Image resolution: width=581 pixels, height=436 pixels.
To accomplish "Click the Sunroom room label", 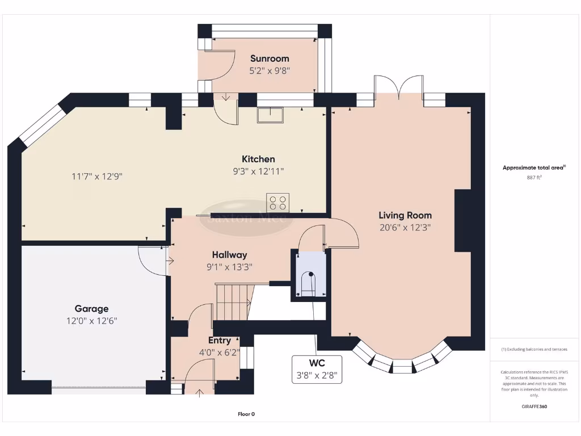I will pos(270,58).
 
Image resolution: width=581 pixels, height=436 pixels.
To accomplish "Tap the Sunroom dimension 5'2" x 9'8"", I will pos(270,71).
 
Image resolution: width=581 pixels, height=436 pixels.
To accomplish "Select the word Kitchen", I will pos(258,159).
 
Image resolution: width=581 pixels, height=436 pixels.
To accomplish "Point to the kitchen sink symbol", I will pos(270,115).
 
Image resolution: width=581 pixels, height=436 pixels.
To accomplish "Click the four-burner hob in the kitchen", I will pos(278,203).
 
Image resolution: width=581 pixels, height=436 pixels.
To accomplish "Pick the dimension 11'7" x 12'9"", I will pos(97,176).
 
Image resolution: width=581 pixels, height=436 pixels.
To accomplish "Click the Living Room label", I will pos(405,215).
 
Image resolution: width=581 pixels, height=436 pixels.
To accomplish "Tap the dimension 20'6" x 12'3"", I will pos(405,228).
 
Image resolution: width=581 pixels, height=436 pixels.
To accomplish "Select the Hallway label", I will pos(229,255).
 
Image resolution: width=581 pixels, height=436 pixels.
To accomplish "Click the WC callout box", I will pos(317,369).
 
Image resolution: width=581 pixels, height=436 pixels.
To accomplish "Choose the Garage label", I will pos(91,309).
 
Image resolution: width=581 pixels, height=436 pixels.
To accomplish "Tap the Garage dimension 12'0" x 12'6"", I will pos(91,321).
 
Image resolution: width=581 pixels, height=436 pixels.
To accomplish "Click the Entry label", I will pos(220,341).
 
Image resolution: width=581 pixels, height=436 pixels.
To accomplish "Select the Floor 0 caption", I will pos(246,414).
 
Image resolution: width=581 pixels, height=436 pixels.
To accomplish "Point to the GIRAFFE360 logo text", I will pos(534,406).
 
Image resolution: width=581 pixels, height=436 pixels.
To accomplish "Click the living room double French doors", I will pos(399,89).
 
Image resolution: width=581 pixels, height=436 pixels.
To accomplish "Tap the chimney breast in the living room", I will pos(462,221).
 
